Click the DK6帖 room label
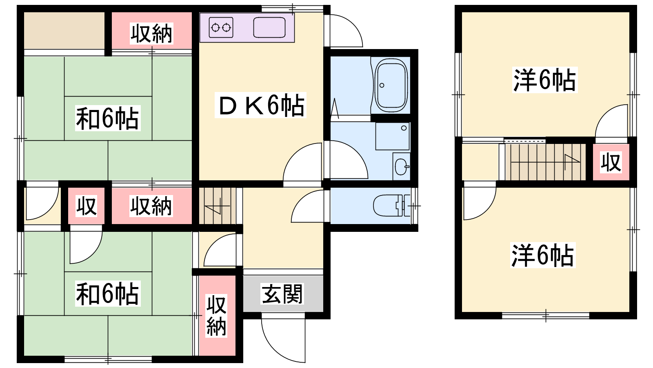click(260, 105)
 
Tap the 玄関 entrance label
click(282, 294)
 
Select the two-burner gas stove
click(221, 28)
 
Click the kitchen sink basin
click(269, 28)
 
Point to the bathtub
click(391, 85)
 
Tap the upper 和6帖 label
click(108, 118)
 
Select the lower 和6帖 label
click(108, 294)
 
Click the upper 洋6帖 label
click(545, 80)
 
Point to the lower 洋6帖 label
click(543, 255)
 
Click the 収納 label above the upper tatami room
click(151, 34)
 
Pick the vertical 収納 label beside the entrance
click(216, 316)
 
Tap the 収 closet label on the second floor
click(611, 162)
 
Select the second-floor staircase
click(545, 162)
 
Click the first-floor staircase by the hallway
click(218, 206)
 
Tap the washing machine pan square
click(392, 136)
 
